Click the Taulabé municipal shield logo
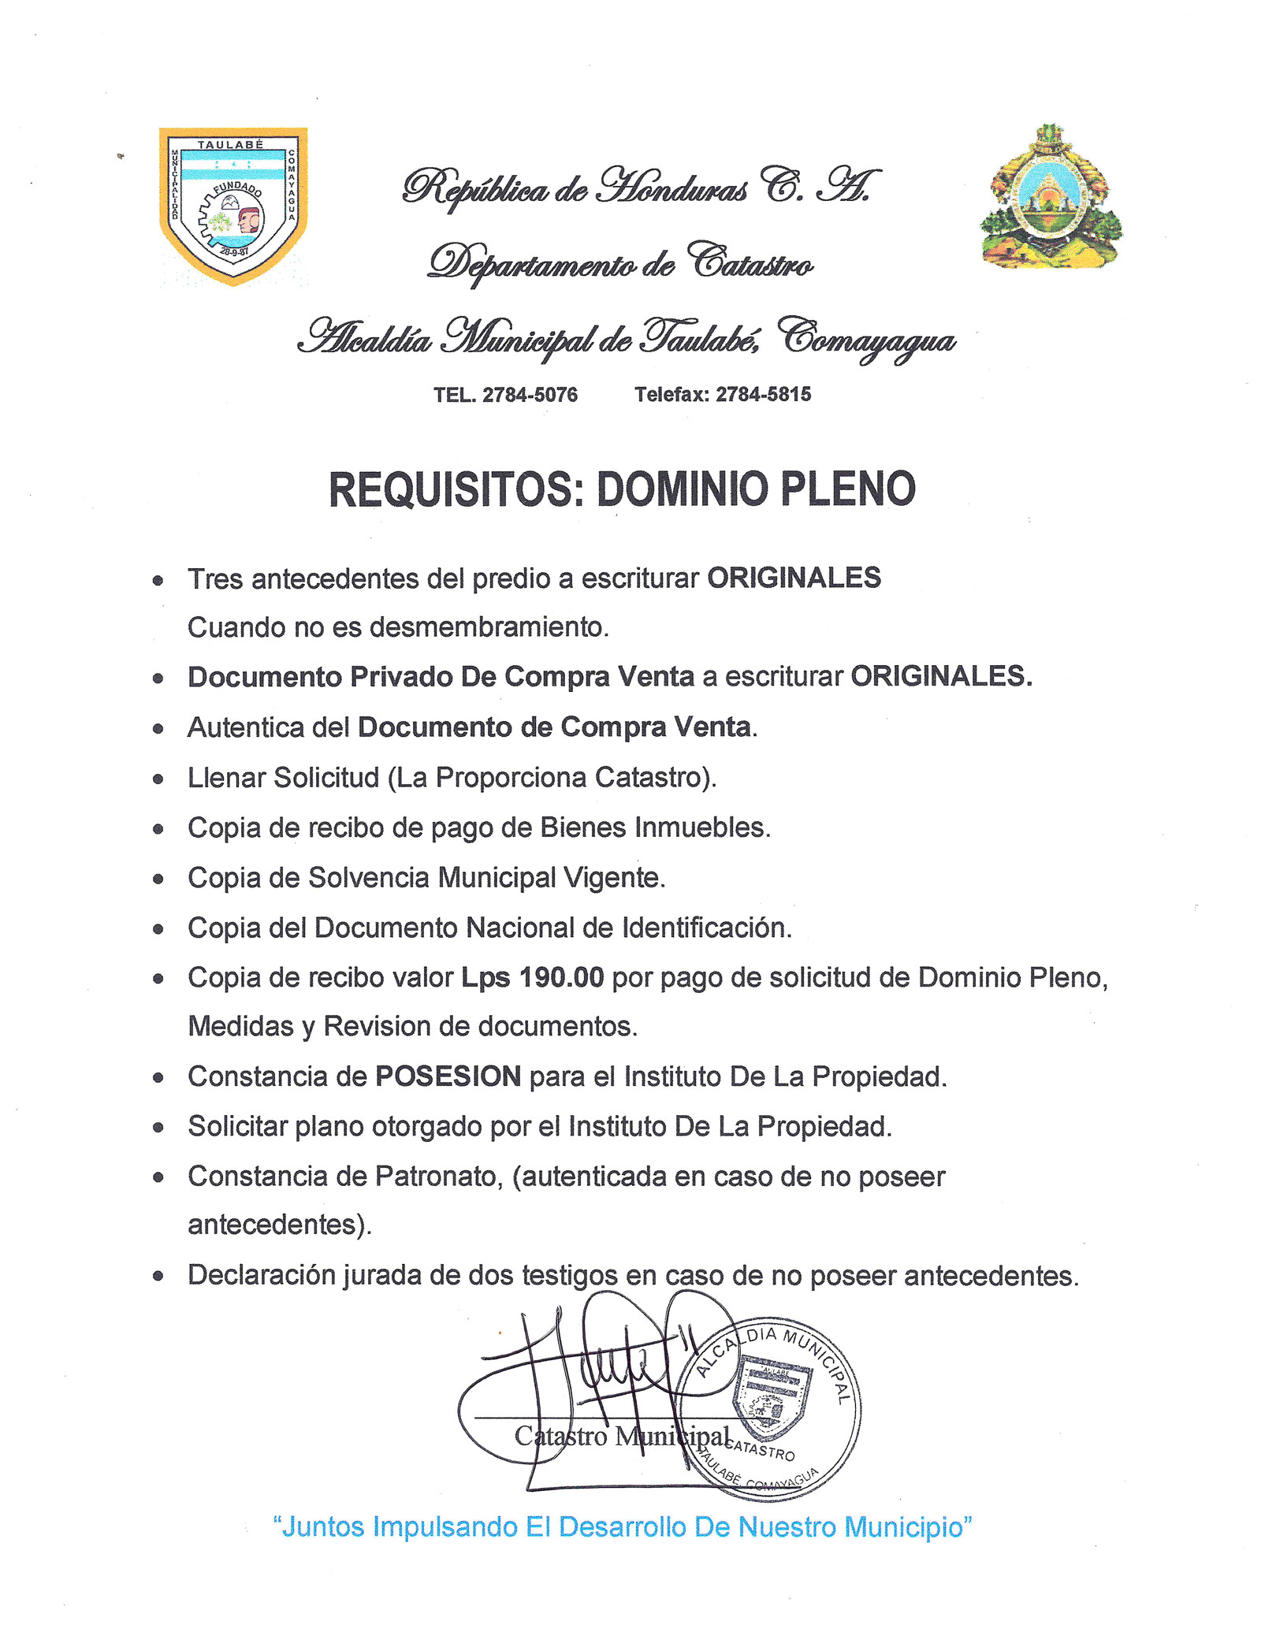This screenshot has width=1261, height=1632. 233,204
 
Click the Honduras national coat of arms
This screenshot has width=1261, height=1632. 1051,197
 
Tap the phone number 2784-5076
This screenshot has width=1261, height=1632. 530,395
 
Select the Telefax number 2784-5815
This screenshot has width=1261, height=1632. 763,395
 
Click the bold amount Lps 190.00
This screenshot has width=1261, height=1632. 533,977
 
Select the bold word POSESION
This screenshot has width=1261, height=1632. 448,1076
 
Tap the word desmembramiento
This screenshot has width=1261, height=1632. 489,627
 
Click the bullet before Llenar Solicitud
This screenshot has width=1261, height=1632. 158,779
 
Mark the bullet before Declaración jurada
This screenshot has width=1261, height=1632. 158,1277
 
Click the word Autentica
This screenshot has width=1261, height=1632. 245,727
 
